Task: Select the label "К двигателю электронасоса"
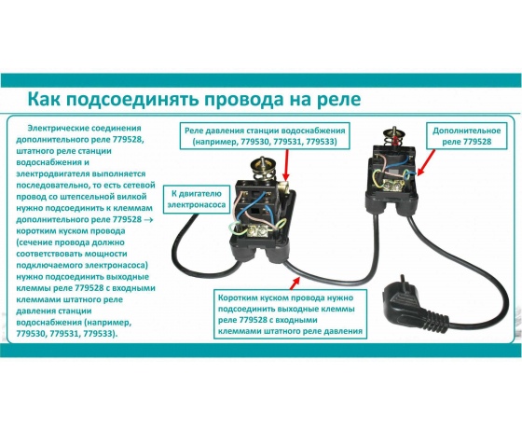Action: [x=196, y=199]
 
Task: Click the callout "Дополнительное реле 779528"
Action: [x=466, y=136]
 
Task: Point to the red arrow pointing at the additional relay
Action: [x=426, y=162]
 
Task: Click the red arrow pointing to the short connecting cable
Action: [x=295, y=284]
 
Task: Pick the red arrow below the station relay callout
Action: [x=286, y=164]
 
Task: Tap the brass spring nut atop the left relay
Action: [x=263, y=164]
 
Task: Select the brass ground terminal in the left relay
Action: [x=256, y=230]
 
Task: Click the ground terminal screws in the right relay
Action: [x=392, y=185]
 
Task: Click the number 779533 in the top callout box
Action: [x=322, y=142]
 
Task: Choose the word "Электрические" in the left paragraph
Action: [x=56, y=129]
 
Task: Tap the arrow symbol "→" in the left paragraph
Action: [x=149, y=220]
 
